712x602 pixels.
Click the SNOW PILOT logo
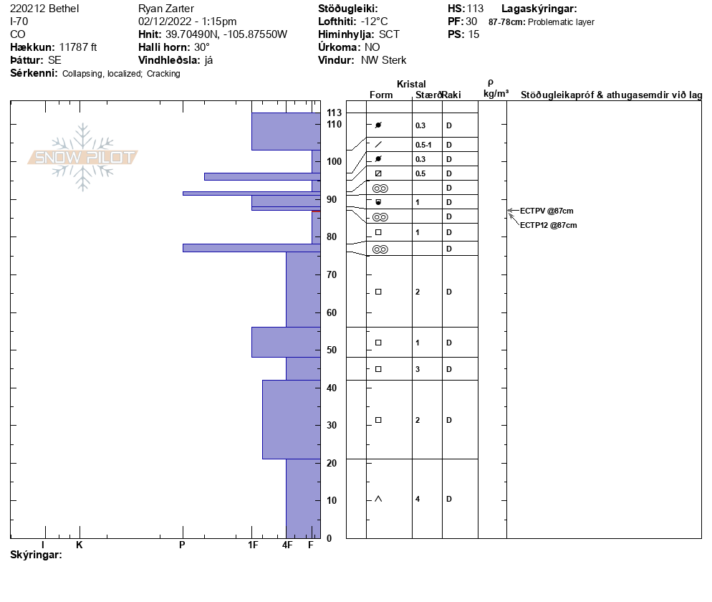point(83,158)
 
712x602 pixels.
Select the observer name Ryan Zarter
point(165,9)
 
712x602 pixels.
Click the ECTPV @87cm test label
point(547,211)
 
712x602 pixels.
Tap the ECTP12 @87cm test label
point(548,225)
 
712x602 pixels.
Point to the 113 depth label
point(334,113)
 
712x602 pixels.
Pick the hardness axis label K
point(80,545)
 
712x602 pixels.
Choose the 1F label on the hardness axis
point(253,545)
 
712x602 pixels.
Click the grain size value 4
point(418,499)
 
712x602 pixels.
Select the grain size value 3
point(418,369)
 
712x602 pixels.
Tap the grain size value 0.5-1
point(423,145)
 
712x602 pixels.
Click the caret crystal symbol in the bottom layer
point(378,499)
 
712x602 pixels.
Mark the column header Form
point(381,95)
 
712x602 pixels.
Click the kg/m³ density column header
point(496,94)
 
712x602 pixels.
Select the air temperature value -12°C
point(374,21)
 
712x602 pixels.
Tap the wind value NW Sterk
point(383,60)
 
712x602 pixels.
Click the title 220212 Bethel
point(45,9)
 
